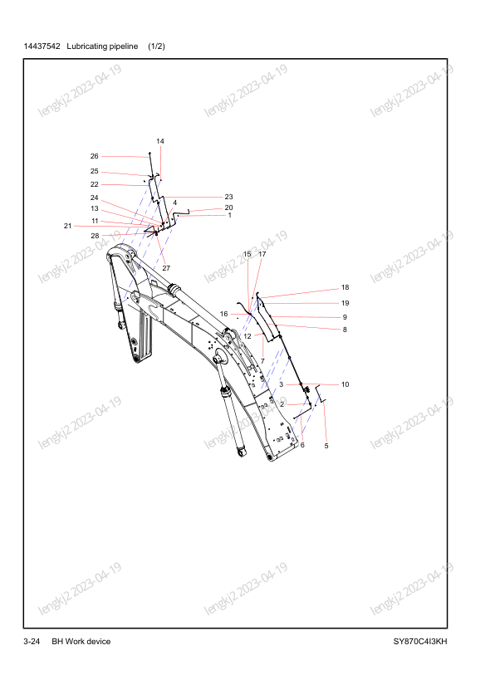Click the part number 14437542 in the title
point(42,46)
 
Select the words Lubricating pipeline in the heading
point(102,46)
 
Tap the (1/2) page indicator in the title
point(156,46)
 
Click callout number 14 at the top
point(160,141)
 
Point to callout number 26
point(94,156)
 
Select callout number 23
point(228,197)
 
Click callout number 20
point(228,208)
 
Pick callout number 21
point(68,226)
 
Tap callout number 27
point(166,268)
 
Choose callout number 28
point(95,236)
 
